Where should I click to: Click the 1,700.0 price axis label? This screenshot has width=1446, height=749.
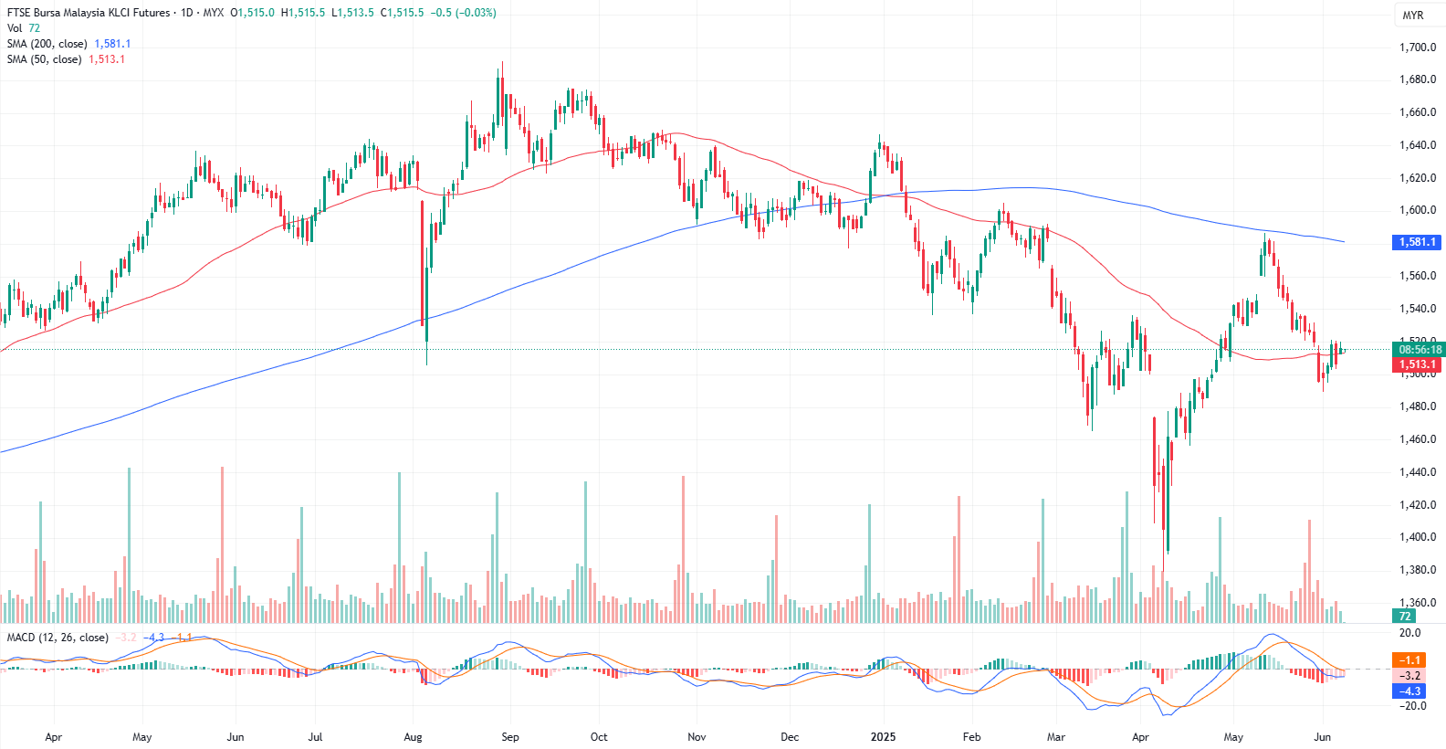(x=1417, y=47)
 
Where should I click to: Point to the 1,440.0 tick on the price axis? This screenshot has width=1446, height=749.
(x=1417, y=472)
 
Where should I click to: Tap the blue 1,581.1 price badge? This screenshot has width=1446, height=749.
(x=1417, y=242)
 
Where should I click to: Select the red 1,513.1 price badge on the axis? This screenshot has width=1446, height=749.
(x=1417, y=364)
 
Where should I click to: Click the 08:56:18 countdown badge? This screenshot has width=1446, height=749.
(x=1420, y=350)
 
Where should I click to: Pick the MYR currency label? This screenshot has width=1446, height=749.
(x=1413, y=16)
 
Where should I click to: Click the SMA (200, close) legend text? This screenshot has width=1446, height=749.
(x=47, y=44)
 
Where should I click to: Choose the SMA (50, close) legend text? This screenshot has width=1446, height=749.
(x=44, y=59)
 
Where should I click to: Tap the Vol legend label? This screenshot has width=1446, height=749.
(x=15, y=28)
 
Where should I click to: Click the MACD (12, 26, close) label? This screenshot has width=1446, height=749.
(x=58, y=638)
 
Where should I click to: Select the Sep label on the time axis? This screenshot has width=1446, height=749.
(x=510, y=737)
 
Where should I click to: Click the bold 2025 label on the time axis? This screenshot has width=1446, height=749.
(x=883, y=737)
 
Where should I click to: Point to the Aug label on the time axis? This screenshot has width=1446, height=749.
(x=413, y=737)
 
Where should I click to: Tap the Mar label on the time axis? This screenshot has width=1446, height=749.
(x=1056, y=737)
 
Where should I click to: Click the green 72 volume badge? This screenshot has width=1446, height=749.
(x=1405, y=617)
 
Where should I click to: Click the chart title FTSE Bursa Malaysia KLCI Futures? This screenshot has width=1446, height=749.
(x=88, y=13)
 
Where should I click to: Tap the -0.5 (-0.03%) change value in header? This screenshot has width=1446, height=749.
(x=463, y=13)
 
